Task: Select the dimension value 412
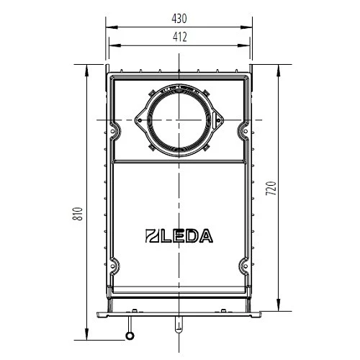point(180,37)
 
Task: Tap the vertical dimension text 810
point(79,214)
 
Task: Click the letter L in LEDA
point(164,234)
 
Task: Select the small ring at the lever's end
point(130,335)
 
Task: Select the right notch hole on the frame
point(242,130)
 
